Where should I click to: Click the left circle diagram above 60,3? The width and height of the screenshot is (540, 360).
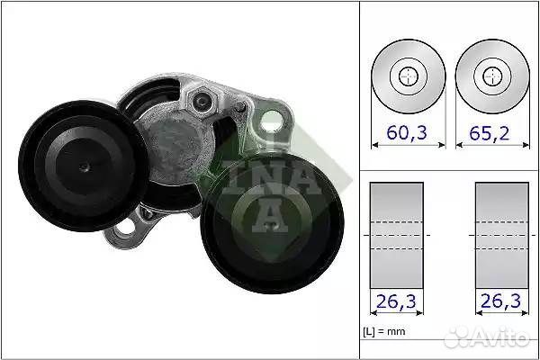click(409, 76)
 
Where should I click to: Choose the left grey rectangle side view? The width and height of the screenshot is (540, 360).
click(398, 235)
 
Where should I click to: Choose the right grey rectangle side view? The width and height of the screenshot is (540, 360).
click(501, 235)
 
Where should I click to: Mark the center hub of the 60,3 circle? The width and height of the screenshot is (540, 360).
click(409, 76)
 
